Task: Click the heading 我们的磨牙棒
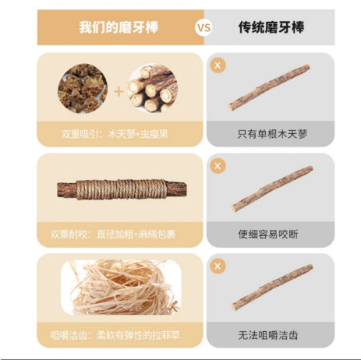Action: click(119, 27)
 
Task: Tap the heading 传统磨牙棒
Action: click(271, 27)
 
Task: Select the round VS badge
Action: click(204, 27)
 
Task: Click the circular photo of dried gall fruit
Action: click(83, 88)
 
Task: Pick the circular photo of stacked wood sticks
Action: click(153, 88)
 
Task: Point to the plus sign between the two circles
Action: click(119, 92)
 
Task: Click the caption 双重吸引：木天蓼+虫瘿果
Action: click(115, 134)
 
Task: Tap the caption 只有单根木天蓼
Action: click(272, 134)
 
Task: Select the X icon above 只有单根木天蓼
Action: click(218, 65)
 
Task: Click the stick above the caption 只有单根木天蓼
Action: click(269, 87)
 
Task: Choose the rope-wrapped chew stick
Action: click(122, 189)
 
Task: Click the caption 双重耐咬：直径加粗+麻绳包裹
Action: click(113, 235)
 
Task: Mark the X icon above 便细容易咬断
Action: click(218, 166)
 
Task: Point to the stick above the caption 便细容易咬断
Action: click(272, 189)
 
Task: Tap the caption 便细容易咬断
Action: click(268, 235)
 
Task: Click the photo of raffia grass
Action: click(121, 288)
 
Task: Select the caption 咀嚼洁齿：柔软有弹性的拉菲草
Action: click(115, 335)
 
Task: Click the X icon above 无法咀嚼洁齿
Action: click(218, 266)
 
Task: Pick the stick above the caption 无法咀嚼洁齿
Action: click(272, 287)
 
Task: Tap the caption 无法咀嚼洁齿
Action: click(268, 335)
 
